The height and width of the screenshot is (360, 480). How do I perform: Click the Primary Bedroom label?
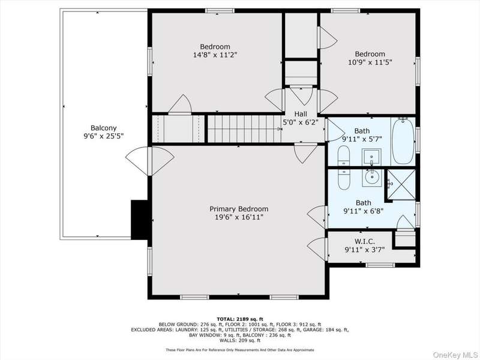coord(239,209)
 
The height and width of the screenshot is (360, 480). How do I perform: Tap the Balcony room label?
coord(103,128)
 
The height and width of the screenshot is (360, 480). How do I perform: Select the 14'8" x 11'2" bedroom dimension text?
coord(215,55)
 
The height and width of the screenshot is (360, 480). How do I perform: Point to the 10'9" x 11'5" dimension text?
coord(370,62)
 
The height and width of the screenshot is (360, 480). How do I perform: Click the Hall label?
coord(301,114)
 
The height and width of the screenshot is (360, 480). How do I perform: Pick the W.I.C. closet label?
coord(365,242)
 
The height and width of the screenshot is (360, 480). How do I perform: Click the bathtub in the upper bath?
coord(403,142)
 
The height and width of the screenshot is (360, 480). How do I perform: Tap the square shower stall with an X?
coord(401,185)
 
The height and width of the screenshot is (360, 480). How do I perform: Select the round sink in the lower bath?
coord(372,176)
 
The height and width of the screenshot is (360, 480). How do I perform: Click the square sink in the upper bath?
coord(371,157)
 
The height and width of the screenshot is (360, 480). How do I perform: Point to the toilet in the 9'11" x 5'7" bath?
coord(343,155)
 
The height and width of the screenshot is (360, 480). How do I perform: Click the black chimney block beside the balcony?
coord(140,220)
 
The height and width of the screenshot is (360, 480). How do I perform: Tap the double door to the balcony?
coord(149,161)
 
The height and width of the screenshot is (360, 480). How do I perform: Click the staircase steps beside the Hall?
coord(244,129)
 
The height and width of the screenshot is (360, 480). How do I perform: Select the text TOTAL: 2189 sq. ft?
coord(239,319)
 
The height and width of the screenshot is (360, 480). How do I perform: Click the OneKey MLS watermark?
coord(455,355)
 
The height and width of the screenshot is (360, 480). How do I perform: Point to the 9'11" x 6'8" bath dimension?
coord(364,211)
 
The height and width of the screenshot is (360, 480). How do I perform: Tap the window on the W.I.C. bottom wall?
coord(380,265)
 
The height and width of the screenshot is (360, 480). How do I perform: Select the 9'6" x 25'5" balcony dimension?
coord(103,136)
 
